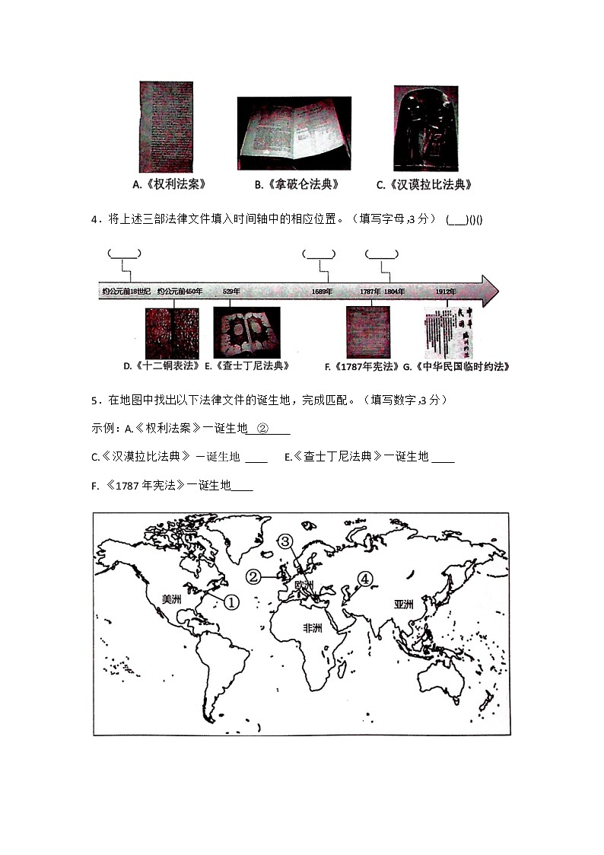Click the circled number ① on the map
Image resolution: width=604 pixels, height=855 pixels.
click(x=230, y=601)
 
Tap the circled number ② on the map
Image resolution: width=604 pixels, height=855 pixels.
click(x=253, y=577)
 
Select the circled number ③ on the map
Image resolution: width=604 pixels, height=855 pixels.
click(x=284, y=542)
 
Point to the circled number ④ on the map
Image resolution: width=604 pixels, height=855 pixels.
click(x=366, y=579)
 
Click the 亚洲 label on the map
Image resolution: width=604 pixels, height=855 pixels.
click(x=403, y=605)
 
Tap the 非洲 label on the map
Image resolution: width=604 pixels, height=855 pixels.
click(x=312, y=628)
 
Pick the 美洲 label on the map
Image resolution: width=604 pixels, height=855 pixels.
click(x=172, y=599)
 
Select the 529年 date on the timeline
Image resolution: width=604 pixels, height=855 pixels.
click(x=231, y=291)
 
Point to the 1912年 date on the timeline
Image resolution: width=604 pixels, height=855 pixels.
click(x=446, y=291)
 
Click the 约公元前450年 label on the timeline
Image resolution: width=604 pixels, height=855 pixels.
click(x=180, y=291)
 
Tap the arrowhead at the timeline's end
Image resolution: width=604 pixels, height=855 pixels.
click(x=490, y=291)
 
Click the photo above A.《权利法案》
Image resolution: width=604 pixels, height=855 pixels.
click(x=166, y=127)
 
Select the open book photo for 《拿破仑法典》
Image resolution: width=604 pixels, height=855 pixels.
click(x=294, y=133)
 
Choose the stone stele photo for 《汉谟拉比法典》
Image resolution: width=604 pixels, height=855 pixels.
click(x=425, y=128)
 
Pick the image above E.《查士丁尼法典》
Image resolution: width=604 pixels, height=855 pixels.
click(x=246, y=332)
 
